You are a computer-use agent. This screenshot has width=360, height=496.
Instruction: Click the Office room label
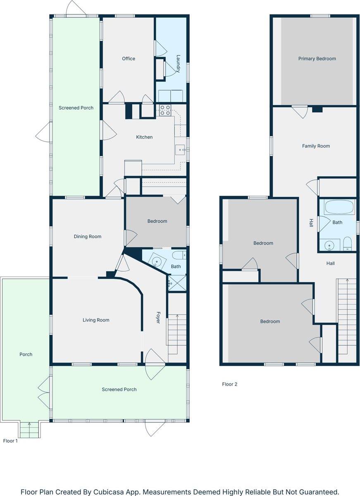click(x=129, y=59)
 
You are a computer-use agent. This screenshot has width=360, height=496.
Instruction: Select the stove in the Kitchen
click(x=165, y=110)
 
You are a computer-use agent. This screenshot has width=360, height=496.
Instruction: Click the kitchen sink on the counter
click(x=180, y=150)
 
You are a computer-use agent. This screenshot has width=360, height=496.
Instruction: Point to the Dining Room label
click(x=88, y=237)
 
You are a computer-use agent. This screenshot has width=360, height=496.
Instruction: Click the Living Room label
click(x=96, y=320)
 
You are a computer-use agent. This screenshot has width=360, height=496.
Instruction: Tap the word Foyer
click(x=157, y=317)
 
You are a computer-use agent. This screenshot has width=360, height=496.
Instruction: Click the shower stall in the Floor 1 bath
click(x=177, y=284)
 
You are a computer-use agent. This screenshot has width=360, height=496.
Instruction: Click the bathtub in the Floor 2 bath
click(x=339, y=207)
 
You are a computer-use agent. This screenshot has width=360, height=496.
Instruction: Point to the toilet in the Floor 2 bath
click(x=347, y=244)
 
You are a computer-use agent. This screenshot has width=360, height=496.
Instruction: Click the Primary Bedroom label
click(x=317, y=59)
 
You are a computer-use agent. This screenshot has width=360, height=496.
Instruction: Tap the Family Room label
click(x=316, y=146)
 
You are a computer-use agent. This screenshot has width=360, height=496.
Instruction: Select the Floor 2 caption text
click(x=230, y=384)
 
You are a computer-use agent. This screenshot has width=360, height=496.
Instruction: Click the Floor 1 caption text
click(x=10, y=441)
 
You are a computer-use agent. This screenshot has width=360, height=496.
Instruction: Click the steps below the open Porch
click(x=29, y=430)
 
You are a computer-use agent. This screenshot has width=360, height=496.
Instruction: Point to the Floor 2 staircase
click(x=347, y=314)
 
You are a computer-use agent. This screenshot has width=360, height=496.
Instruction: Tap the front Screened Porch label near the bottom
click(x=119, y=389)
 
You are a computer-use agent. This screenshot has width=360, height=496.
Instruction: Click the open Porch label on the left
click(x=26, y=355)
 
